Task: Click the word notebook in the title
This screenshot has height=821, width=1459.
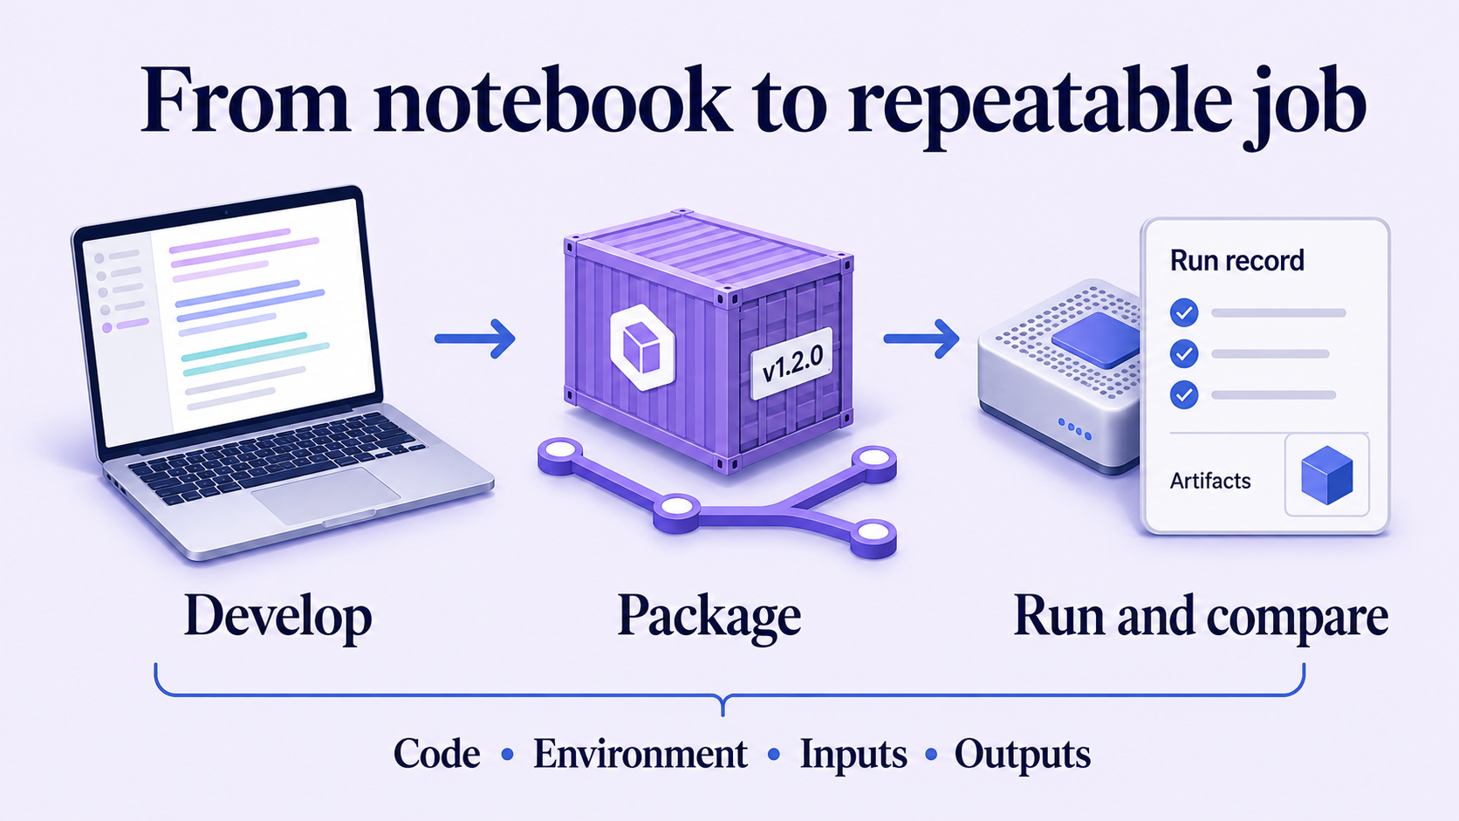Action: tap(552, 101)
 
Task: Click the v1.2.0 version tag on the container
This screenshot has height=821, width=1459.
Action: tap(792, 364)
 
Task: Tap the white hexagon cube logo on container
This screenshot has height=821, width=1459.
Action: tap(642, 347)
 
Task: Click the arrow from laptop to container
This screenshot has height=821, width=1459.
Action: tap(475, 339)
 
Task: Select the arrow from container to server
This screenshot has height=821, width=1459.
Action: tap(921, 339)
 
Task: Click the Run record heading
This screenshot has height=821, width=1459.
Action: tap(1236, 260)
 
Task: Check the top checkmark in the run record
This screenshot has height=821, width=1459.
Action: tap(1184, 312)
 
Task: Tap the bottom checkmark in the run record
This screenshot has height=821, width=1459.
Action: tap(1184, 394)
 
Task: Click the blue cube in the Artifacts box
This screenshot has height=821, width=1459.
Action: tap(1326, 475)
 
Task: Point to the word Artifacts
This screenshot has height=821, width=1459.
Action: tap(1210, 481)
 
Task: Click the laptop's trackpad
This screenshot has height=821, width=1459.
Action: tap(325, 495)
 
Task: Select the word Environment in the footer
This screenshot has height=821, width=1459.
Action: tap(640, 755)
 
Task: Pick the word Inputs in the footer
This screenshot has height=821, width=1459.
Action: tap(853, 756)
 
